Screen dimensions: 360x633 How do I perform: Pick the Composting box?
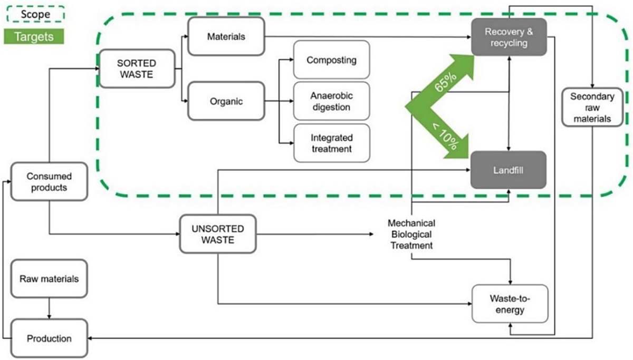click(x=331, y=60)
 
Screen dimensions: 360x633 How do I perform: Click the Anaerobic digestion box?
click(x=331, y=101)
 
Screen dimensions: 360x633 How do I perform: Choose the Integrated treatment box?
click(x=331, y=143)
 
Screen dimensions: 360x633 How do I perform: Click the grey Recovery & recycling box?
click(x=509, y=37)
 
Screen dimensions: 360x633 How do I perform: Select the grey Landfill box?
click(x=509, y=170)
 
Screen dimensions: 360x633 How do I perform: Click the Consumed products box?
click(x=49, y=181)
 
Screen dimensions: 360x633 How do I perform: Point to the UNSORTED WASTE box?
click(x=218, y=234)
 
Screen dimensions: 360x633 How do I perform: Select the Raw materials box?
click(x=49, y=278)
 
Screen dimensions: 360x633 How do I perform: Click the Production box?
click(x=49, y=338)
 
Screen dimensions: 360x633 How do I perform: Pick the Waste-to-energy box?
click(x=510, y=304)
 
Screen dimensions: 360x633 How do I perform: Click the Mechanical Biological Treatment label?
click(x=410, y=234)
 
